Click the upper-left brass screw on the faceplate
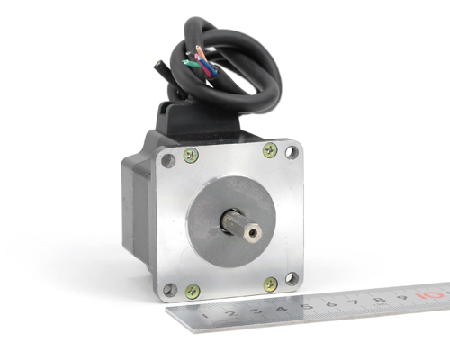[191, 156]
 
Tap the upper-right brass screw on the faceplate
[270, 150]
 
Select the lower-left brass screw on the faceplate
[193, 292]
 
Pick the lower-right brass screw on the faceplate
[271, 284]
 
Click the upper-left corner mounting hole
[168, 161]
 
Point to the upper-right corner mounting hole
[292, 152]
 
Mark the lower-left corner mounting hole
[170, 290]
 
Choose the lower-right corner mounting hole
[292, 279]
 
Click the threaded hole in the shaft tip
[253, 232]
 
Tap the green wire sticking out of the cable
[190, 63]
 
